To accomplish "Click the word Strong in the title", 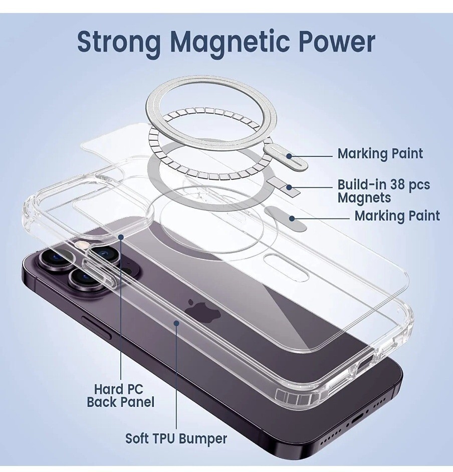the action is pyautogui.click(x=119, y=43).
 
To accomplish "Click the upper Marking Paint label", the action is pyautogui.click(x=380, y=154).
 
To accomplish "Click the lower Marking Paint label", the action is pyautogui.click(x=397, y=216).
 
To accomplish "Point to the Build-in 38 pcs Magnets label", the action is pyautogui.click(x=384, y=191).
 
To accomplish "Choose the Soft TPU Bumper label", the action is pyautogui.click(x=176, y=438).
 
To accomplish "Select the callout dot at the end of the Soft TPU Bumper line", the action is pyautogui.click(x=177, y=323).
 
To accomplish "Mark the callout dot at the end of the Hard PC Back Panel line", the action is pyautogui.click(x=121, y=237).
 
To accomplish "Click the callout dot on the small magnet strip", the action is pyautogui.click(x=289, y=187).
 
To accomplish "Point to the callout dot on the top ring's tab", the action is pyautogui.click(x=289, y=156).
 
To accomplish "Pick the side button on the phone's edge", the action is pyautogui.click(x=97, y=327).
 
